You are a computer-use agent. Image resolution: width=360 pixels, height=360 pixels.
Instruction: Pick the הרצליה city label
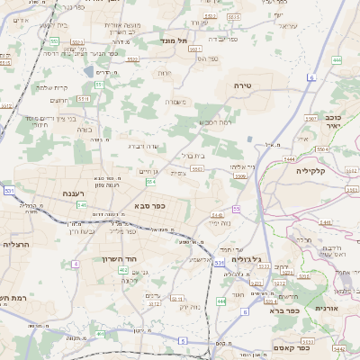[x=17, y=244]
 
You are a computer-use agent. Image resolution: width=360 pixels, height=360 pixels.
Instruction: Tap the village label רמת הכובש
[x=217, y=122]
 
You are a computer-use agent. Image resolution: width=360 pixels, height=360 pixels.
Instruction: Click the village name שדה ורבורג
[x=143, y=144]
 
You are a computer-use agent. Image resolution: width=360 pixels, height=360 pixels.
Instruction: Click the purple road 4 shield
[x=76, y=264]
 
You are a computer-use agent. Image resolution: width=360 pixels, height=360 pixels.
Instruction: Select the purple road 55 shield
[x=237, y=209]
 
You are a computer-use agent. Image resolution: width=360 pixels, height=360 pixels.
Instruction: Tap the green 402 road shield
[x=122, y=269]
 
